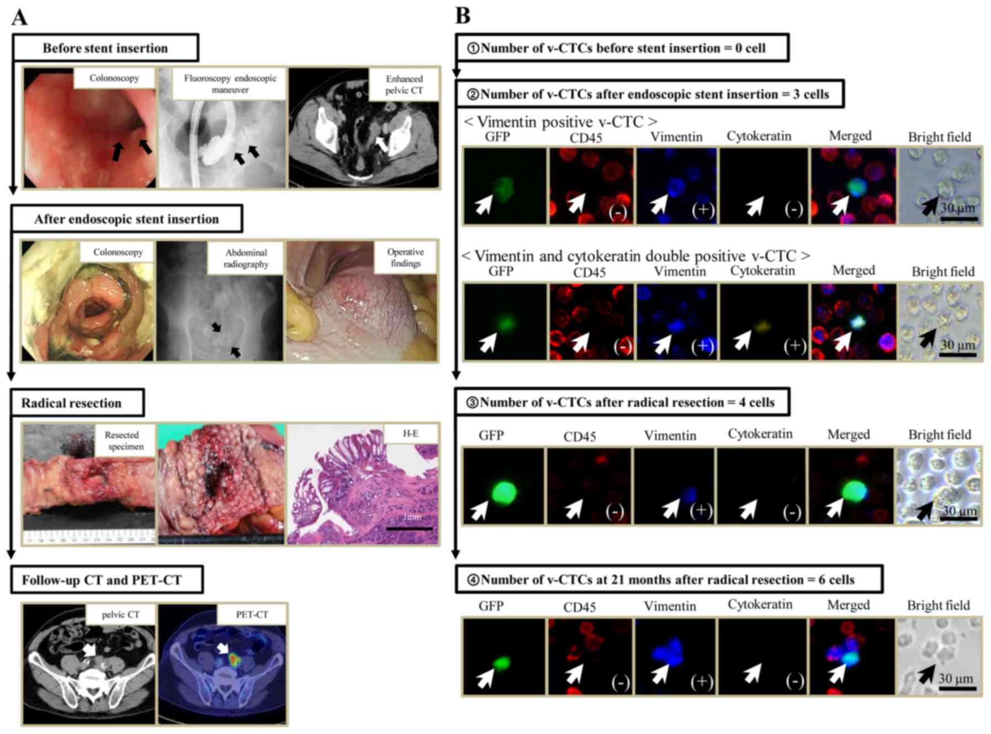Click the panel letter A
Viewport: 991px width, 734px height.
(19, 17)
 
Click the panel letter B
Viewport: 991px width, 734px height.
(463, 16)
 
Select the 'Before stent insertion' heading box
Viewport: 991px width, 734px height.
(105, 48)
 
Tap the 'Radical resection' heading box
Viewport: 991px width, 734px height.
(77, 403)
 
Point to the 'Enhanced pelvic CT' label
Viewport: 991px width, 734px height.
(404, 84)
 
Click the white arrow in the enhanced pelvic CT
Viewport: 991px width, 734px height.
(381, 145)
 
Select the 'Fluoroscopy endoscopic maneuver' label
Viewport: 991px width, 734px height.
(230, 83)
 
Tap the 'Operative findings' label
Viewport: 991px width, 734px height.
(405, 257)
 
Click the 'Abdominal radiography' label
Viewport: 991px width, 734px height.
(246, 258)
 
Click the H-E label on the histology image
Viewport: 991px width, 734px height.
(410, 434)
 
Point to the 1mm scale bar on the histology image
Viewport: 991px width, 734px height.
(410, 528)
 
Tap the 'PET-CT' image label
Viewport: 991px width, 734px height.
(252, 614)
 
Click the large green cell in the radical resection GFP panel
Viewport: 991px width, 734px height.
(503, 492)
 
